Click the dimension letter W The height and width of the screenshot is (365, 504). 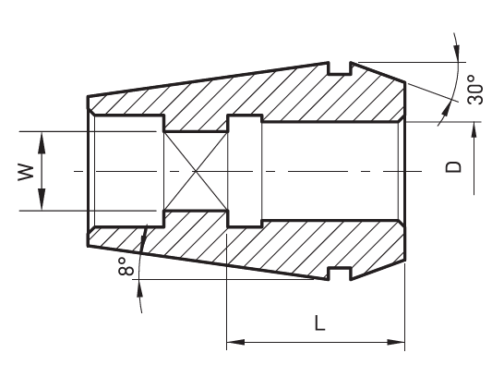26,172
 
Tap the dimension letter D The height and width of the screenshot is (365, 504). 453,166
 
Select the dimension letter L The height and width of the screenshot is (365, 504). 319,322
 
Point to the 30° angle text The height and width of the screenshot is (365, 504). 475,90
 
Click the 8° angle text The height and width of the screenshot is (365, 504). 126,266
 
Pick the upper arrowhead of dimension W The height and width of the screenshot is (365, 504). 42,141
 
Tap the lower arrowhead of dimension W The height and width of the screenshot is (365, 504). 42,201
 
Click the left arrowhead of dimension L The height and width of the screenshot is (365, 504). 235,342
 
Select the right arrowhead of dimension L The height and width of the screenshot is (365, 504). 396,342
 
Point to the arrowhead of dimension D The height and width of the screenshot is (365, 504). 474,132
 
